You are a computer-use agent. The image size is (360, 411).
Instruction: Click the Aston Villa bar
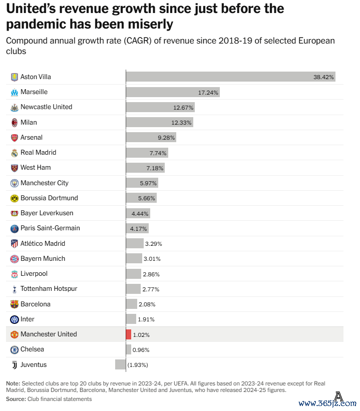pyautogui.click(x=230, y=77)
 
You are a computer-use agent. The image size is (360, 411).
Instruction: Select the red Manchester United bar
pyautogui.click(x=129, y=334)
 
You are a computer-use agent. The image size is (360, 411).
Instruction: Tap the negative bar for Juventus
pyautogui.click(x=120, y=364)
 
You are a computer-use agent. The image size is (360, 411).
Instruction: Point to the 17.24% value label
pyautogui.click(x=208, y=92)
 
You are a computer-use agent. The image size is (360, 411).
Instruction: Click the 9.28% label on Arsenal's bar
pyautogui.click(x=166, y=137)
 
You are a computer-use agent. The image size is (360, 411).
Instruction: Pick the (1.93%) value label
pyautogui.click(x=138, y=365)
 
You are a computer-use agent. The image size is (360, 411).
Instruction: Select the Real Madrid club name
pyautogui.click(x=38, y=152)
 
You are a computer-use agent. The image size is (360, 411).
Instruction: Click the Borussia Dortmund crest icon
pyautogui.click(x=15, y=198)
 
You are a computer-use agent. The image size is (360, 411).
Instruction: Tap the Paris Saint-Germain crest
pyautogui.click(x=15, y=228)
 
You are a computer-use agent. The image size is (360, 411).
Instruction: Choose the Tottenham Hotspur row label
pyautogui.click(x=49, y=289)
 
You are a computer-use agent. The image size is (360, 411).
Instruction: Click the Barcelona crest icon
pyautogui.click(x=15, y=304)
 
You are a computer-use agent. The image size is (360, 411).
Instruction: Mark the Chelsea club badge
pyautogui.click(x=15, y=349)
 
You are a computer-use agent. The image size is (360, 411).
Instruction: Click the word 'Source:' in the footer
pyautogui.click(x=16, y=399)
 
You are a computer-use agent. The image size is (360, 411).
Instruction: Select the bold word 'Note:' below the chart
pyautogui.click(x=13, y=383)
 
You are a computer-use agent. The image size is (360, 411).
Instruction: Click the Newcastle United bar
pyautogui.click(x=160, y=107)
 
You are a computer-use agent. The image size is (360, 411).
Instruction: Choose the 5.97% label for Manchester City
pyautogui.click(x=149, y=183)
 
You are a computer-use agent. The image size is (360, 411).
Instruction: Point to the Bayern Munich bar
pyautogui.click(x=134, y=259)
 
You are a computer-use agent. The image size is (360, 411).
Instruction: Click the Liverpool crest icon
pyautogui.click(x=15, y=274)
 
